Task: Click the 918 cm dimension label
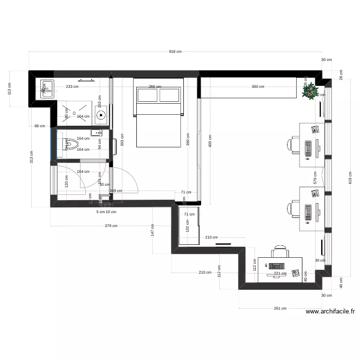(x=175, y=51)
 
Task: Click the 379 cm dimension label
(x=111, y=226)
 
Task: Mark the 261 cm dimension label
(x=280, y=308)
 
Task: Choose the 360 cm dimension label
(x=258, y=87)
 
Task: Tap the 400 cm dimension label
(x=209, y=141)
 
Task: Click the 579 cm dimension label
(x=315, y=178)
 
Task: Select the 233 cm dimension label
(x=72, y=87)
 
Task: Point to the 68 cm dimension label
(x=39, y=126)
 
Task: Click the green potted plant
(x=310, y=91)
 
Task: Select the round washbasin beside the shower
(x=101, y=115)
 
